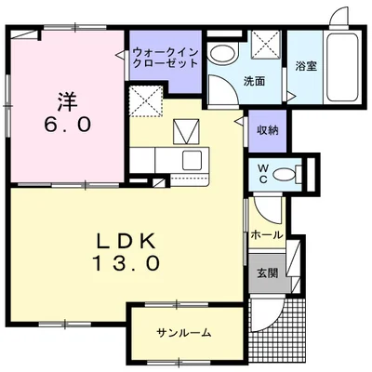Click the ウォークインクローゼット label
click(165, 59)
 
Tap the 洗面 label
click(254, 81)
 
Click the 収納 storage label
click(268, 130)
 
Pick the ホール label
click(267, 235)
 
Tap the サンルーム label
click(184, 333)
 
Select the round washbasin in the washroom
click(221, 53)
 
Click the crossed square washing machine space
click(267, 44)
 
